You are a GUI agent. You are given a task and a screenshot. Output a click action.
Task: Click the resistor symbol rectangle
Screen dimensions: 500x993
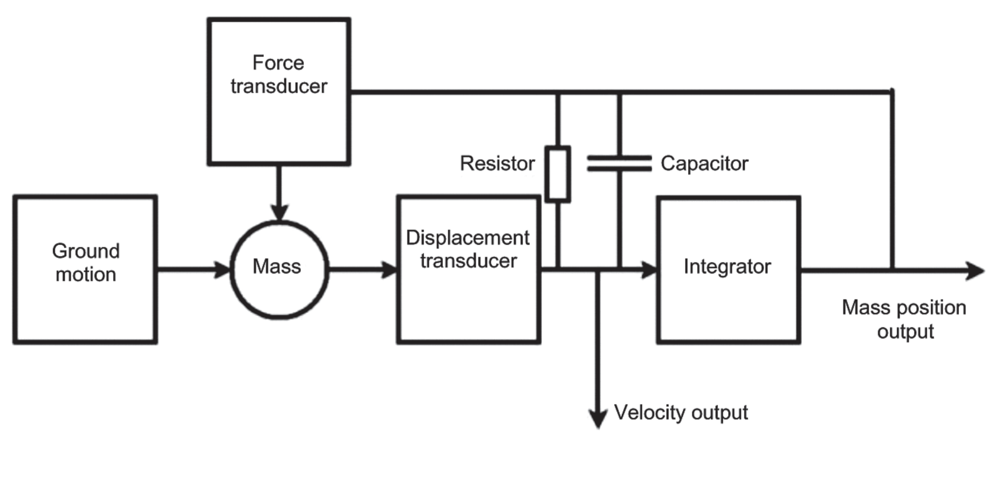point(558,174)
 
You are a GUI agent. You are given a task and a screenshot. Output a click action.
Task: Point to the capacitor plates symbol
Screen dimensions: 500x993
point(619,163)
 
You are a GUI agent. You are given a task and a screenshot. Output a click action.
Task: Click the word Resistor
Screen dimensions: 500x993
point(497,164)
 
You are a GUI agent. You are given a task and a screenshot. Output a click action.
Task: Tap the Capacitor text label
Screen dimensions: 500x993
point(704,164)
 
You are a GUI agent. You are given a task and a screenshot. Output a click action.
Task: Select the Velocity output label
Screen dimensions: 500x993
point(681,412)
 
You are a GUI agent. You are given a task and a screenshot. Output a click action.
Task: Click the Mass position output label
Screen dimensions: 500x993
point(904,319)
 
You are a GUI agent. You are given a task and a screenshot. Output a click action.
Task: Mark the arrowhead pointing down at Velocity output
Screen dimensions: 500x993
point(598,419)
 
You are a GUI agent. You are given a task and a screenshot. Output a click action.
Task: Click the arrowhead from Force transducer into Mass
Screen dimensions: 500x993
point(279,213)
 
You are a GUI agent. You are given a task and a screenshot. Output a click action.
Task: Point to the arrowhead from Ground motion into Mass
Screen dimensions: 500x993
point(223,270)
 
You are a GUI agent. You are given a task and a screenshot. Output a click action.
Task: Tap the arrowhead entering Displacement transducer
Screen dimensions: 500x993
point(389,270)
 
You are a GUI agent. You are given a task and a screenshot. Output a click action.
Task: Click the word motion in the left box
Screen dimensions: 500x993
point(86,275)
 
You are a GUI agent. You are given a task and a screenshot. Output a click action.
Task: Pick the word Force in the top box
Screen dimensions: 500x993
point(278,63)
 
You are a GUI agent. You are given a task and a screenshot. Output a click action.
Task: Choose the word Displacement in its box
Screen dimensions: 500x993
point(468,238)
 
